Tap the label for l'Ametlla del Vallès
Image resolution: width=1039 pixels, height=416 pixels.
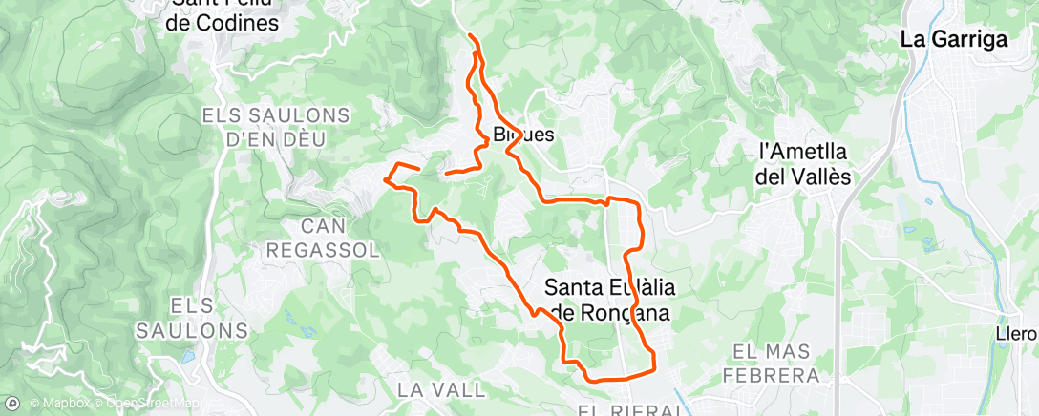803,163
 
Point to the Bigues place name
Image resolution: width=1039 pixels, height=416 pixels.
523,135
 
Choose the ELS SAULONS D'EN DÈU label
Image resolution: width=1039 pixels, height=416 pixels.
265,127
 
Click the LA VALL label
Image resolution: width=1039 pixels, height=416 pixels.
427,389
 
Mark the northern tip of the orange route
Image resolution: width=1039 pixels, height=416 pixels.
470,35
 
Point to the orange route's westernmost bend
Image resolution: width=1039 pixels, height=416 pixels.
385,177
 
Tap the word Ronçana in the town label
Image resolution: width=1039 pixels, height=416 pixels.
628,312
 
